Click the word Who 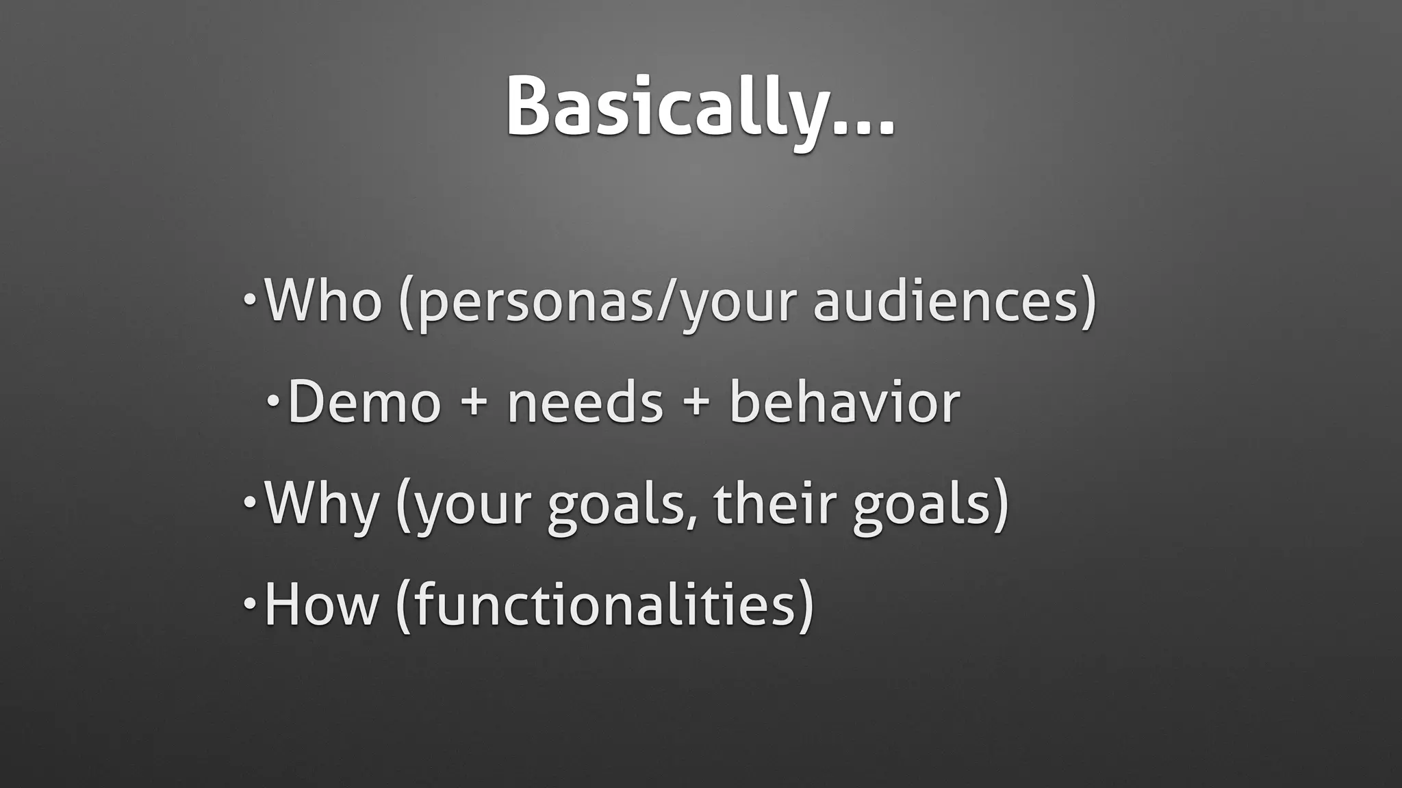pyautogui.click(x=322, y=300)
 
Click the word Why pyautogui.click(x=321, y=505)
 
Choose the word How pyautogui.click(x=321, y=604)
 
